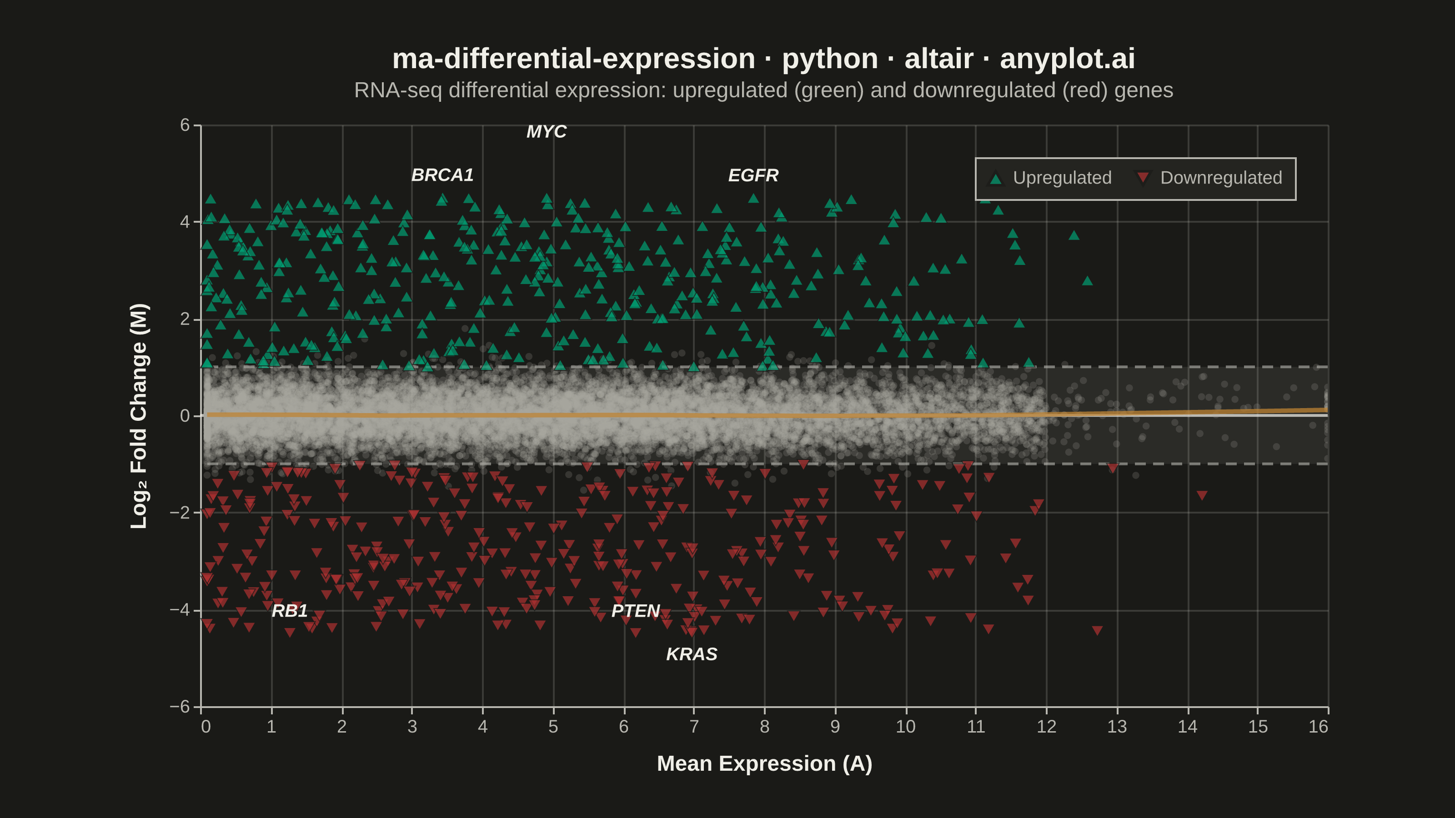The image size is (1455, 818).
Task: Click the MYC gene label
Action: coord(546,131)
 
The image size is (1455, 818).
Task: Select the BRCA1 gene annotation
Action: coord(442,175)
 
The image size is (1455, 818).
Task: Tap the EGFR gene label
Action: coord(753,175)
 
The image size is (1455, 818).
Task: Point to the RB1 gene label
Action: coord(290,611)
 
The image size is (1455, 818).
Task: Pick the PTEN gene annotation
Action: coord(636,611)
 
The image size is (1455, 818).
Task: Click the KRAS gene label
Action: coord(691,654)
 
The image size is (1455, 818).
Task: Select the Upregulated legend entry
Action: coord(1051,178)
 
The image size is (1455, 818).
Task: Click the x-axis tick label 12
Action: coord(1046,727)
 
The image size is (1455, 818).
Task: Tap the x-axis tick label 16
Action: coord(1318,727)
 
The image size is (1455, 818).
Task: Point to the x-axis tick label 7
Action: coord(694,727)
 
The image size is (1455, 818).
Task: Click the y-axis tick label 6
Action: coord(185,125)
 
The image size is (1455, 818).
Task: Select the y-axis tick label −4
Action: coord(180,610)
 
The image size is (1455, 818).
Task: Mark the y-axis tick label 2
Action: coord(185,319)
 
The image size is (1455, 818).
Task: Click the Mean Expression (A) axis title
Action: coord(764,764)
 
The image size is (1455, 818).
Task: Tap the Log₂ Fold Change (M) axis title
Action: coord(139,416)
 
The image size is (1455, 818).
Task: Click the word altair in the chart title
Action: coord(939,59)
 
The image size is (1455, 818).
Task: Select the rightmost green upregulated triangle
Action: coord(1087,280)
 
